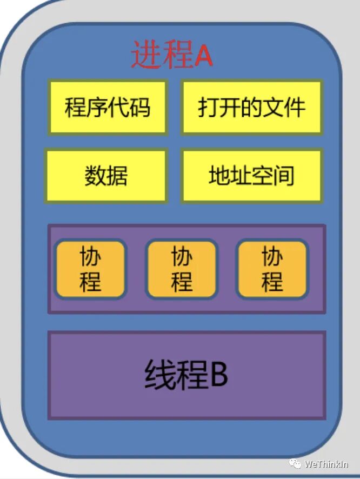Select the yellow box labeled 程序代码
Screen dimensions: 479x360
tap(108, 107)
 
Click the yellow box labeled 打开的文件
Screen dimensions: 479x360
tap(252, 107)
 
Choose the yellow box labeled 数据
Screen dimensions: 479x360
tap(106, 176)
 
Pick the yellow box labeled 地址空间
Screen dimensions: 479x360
tap(252, 176)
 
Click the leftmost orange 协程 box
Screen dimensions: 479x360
tap(91, 269)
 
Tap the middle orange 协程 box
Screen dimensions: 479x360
tap(182, 269)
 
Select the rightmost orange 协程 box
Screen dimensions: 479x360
tap(272, 269)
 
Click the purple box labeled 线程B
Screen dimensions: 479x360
tap(186, 375)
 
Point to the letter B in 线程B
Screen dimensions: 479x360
tap(218, 375)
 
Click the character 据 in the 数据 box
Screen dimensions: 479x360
tap(117, 176)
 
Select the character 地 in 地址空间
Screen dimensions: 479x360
tap(219, 176)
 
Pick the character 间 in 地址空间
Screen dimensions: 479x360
tap(284, 176)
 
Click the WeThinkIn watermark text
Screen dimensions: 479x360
tap(326, 464)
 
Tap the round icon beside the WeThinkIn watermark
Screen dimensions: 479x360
tap(295, 463)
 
